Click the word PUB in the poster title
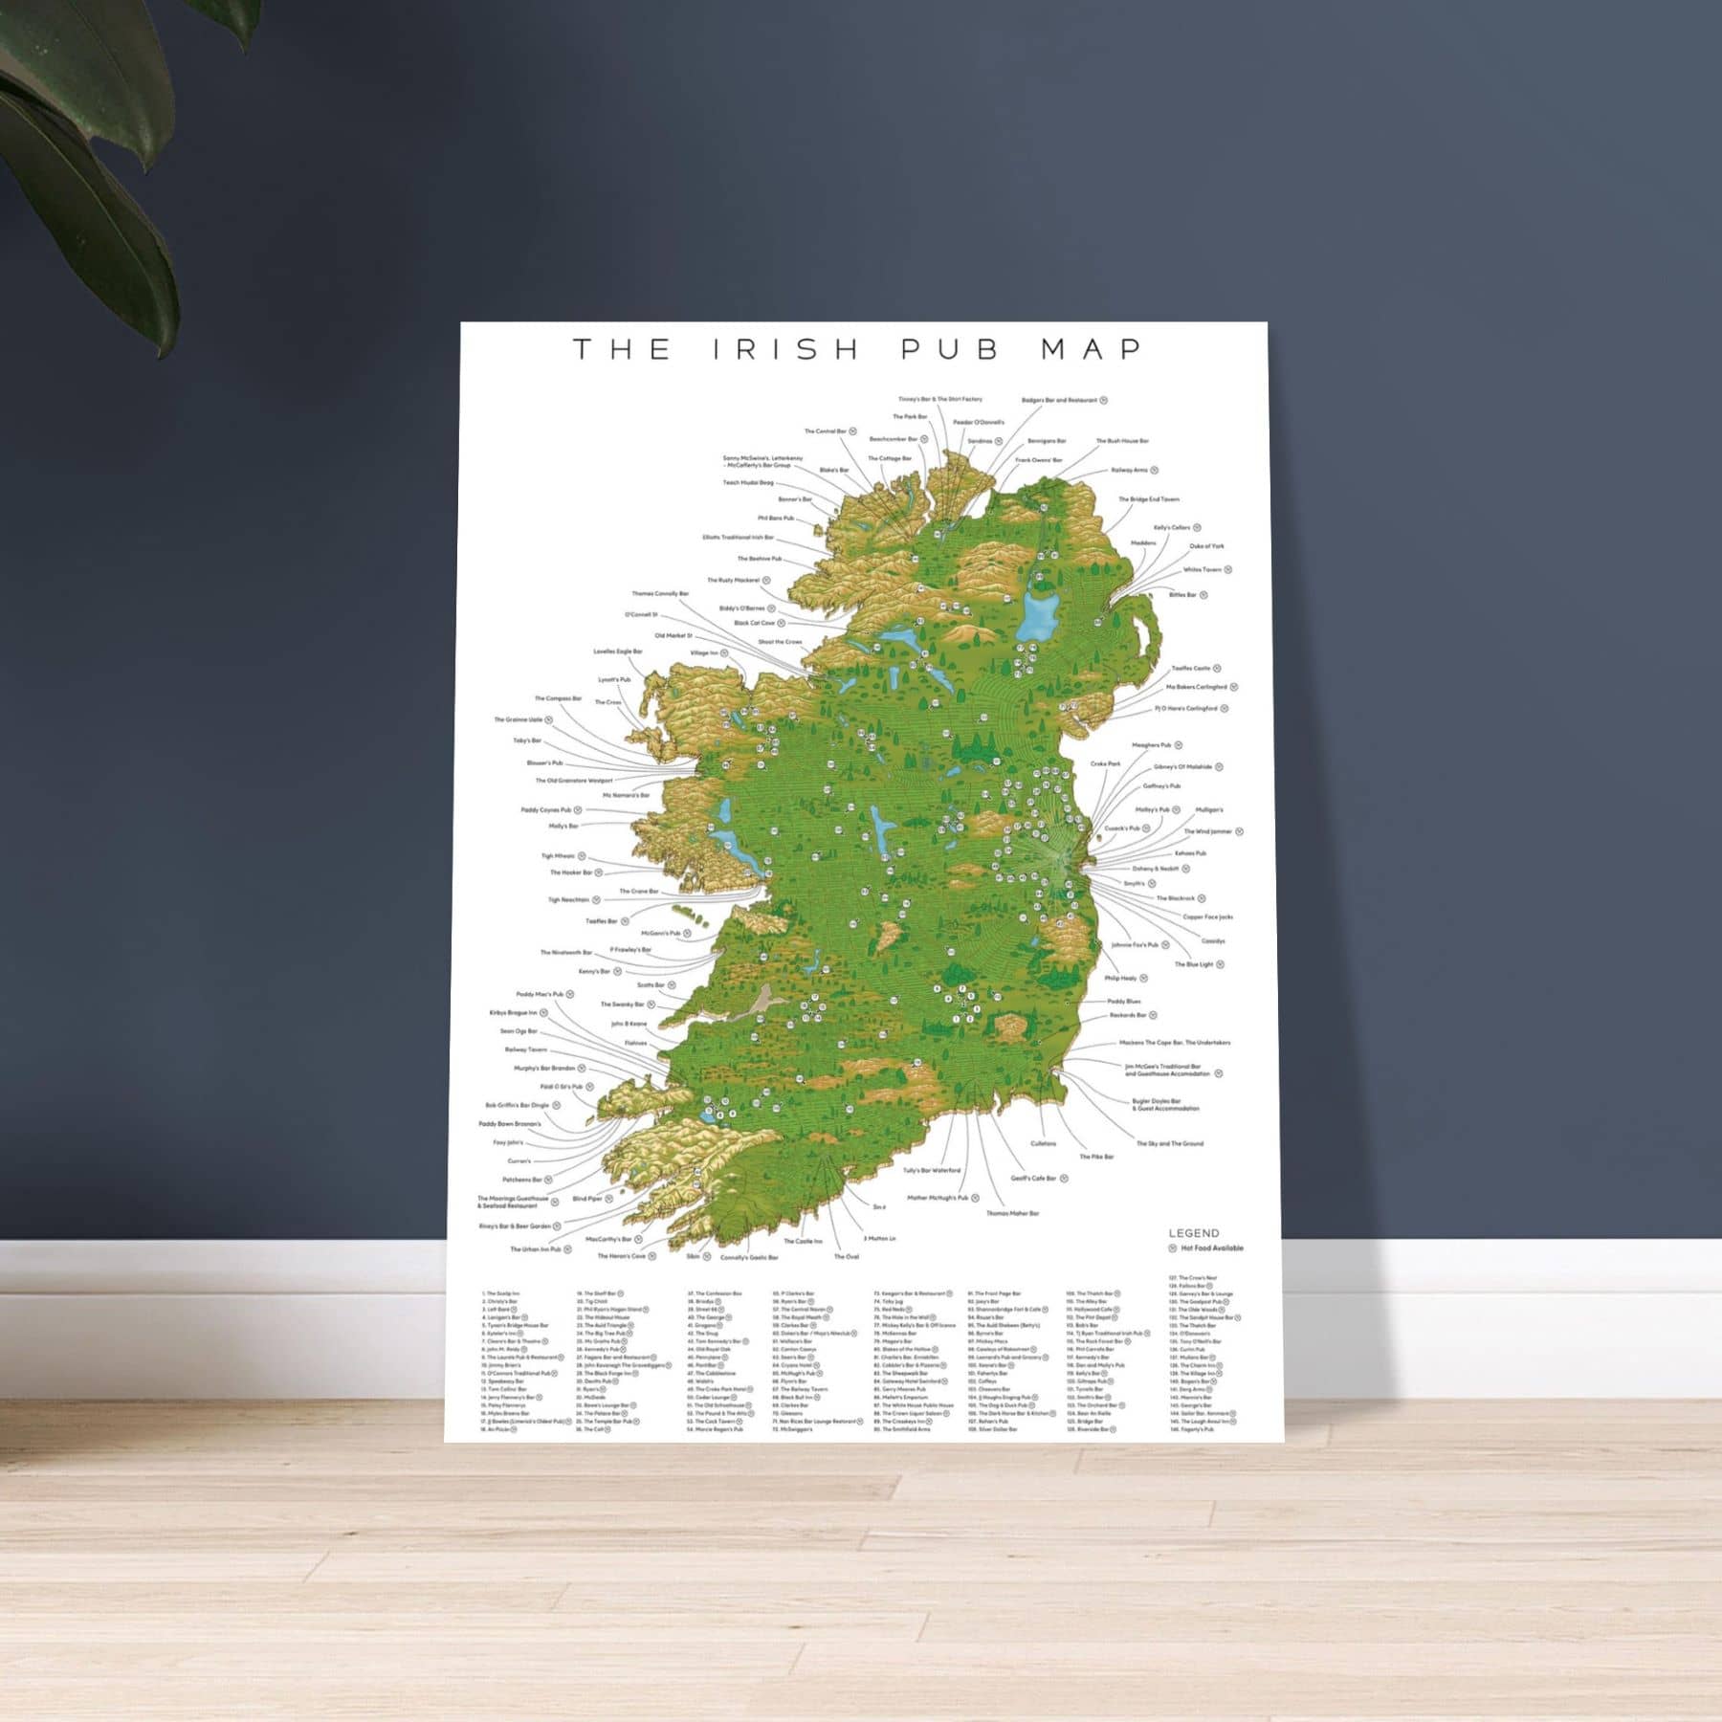pos(949,349)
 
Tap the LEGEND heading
pos(1194,1233)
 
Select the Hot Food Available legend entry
pos(1211,1248)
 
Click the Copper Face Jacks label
pos(1207,916)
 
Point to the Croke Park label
pos(1105,763)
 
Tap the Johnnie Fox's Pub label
pos(1135,944)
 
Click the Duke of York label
pos(1206,545)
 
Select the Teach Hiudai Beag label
pos(748,483)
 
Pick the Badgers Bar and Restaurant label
pos(1059,400)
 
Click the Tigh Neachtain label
pos(569,899)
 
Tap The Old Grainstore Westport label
pos(574,781)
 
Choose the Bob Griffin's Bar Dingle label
pos(518,1105)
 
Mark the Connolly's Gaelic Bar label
pos(749,1257)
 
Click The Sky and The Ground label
pos(1169,1143)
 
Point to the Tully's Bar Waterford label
pos(932,1170)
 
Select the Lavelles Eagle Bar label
pos(618,651)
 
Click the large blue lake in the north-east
pos(1036,613)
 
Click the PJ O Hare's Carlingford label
pos(1185,709)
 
